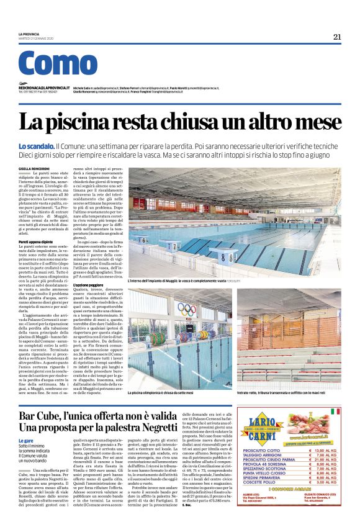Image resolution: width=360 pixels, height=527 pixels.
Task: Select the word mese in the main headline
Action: click(x=317, y=123)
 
